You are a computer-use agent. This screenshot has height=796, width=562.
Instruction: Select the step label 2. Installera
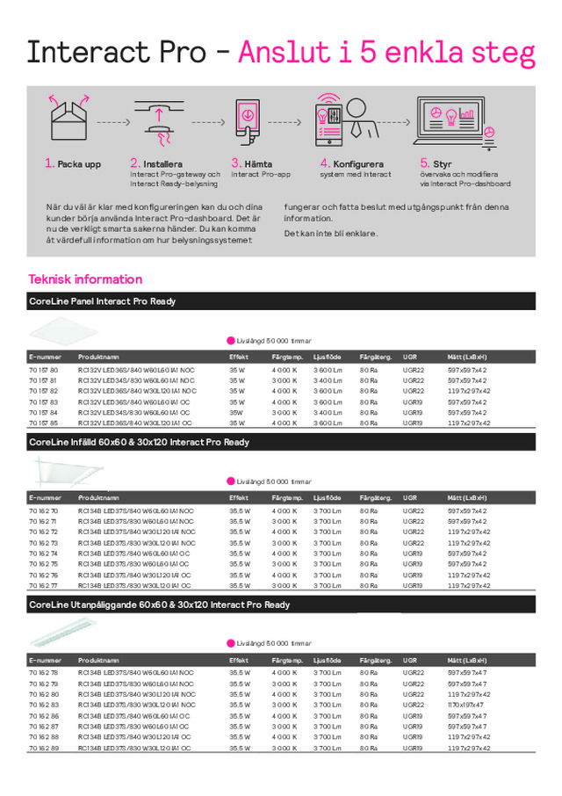point(156,163)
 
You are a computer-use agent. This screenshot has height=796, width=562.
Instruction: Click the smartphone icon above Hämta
point(247,119)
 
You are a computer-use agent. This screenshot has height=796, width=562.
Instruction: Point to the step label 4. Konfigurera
point(352,163)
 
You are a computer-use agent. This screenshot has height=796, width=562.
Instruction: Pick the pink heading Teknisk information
point(85,279)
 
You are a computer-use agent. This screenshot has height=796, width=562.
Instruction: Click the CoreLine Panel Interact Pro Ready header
point(103,301)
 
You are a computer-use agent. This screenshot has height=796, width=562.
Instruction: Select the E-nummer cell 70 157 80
point(43,370)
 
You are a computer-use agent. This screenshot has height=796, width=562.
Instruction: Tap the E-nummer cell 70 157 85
point(43,423)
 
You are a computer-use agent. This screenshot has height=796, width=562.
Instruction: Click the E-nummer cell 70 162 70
point(43,510)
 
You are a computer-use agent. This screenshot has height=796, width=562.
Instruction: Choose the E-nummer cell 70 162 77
point(43,585)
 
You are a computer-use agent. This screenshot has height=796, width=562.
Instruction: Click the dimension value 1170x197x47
point(466,705)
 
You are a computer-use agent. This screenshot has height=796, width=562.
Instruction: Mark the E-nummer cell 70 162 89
point(43,748)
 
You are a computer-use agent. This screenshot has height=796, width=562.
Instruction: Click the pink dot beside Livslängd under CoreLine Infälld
point(231,481)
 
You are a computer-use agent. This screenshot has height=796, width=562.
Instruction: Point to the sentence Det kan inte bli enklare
point(331,234)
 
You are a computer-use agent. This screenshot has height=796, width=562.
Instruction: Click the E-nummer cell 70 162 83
point(43,705)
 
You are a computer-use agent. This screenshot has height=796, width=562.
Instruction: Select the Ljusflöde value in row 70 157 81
point(327,380)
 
